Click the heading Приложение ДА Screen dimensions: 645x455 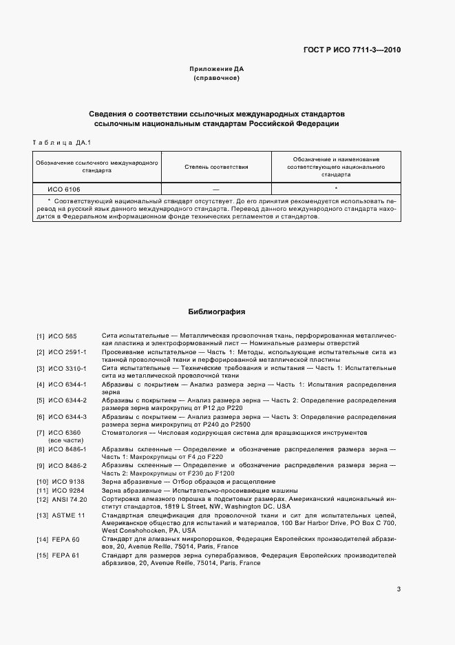217,70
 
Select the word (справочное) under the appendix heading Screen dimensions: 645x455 217,79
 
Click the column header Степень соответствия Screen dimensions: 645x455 217,167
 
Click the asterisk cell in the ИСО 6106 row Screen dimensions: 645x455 336,188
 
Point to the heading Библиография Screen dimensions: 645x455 217,311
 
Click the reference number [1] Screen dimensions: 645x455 41,336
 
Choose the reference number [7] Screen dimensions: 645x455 41,433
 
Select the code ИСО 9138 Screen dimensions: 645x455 65,482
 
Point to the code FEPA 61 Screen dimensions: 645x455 65,555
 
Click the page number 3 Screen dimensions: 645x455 399,588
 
